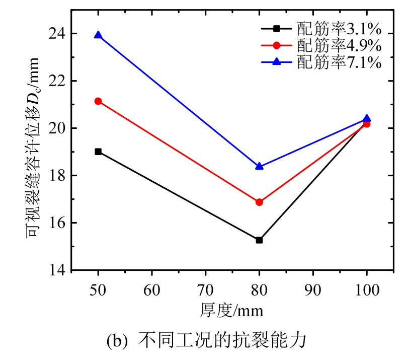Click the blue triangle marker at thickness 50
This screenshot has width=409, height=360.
pyautogui.click(x=98, y=35)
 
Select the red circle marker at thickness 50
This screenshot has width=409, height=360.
pyautogui.click(x=98, y=101)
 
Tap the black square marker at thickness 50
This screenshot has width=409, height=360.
pyautogui.click(x=98, y=152)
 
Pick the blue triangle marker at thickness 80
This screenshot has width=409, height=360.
pyautogui.click(x=259, y=166)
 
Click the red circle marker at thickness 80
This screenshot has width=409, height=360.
pyautogui.click(x=259, y=202)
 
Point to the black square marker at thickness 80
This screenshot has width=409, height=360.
pyautogui.click(x=259, y=240)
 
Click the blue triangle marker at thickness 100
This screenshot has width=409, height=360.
pyautogui.click(x=367, y=119)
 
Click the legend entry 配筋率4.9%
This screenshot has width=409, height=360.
pyautogui.click(x=338, y=45)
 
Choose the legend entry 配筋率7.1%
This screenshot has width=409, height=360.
pyautogui.click(x=338, y=62)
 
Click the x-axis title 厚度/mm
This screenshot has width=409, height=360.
pyautogui.click(x=234, y=310)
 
